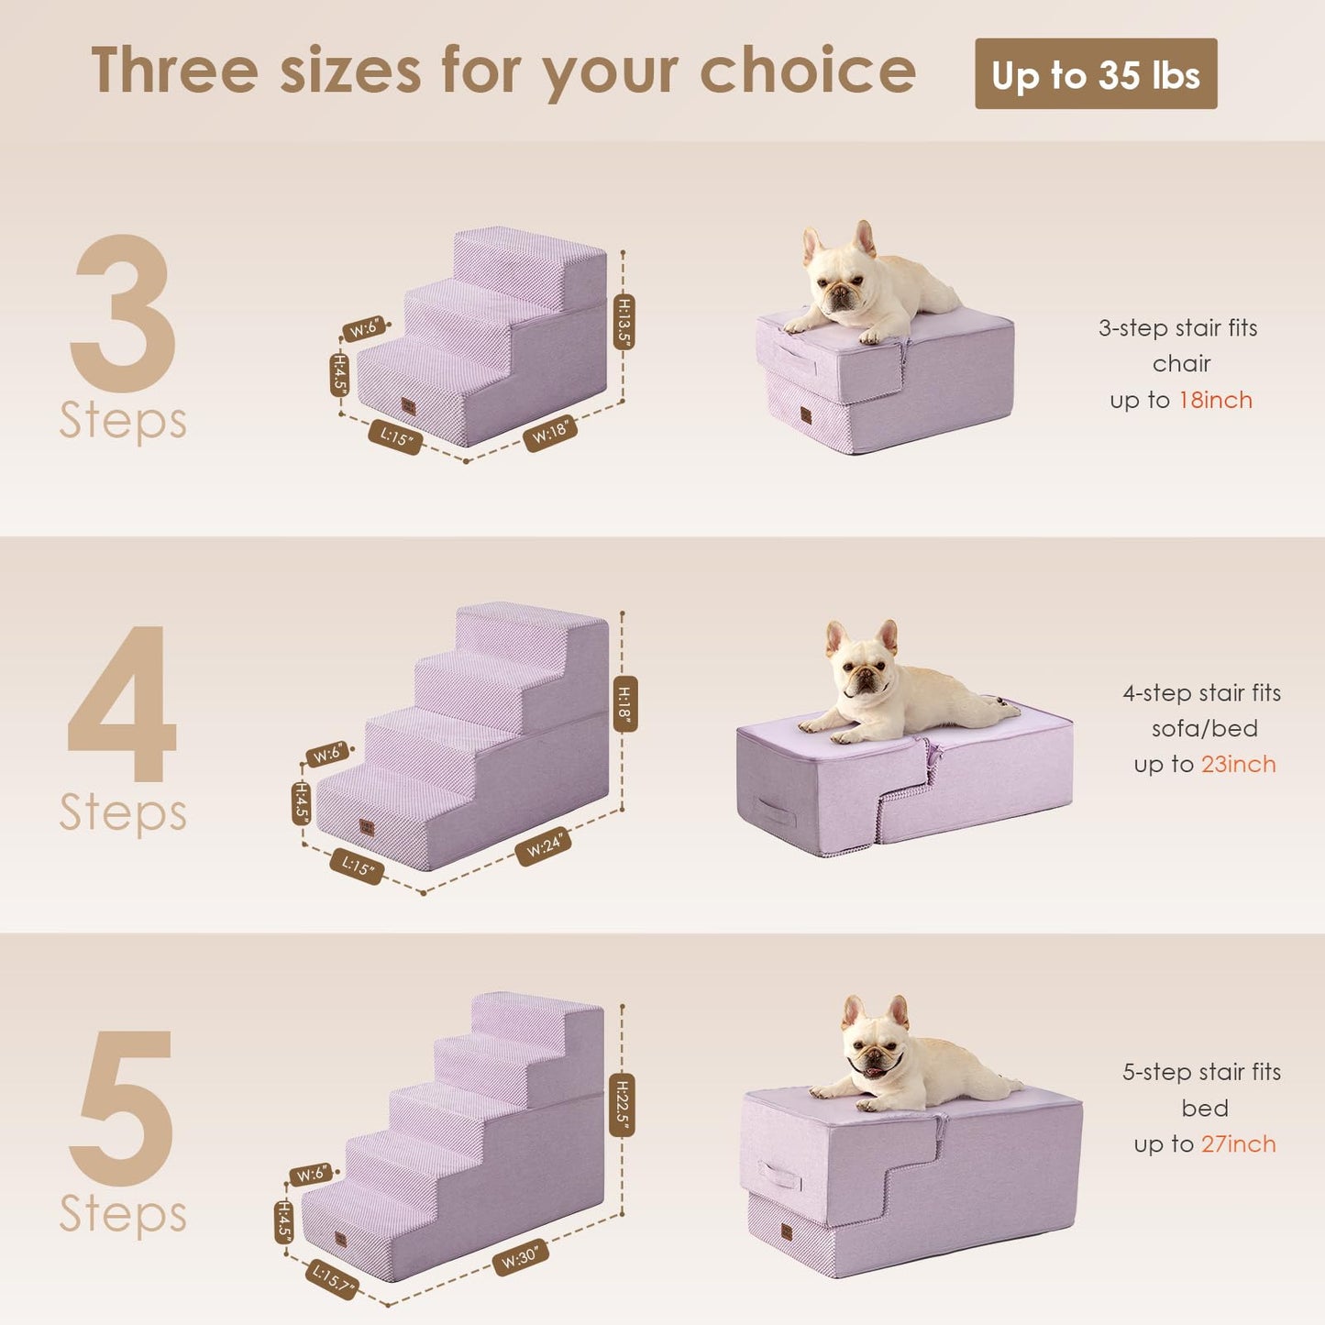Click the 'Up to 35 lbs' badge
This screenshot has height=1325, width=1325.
tap(1095, 74)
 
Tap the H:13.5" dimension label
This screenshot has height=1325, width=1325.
tap(624, 321)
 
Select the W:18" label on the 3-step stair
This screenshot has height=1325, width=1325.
tap(550, 433)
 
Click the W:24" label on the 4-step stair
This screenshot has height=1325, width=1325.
tap(544, 845)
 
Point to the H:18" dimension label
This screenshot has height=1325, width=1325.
tap(624, 703)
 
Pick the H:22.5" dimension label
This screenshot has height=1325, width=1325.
tap(622, 1104)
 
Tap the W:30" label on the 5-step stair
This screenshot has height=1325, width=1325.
tap(520, 1257)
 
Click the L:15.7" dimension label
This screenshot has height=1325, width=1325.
tap(332, 1278)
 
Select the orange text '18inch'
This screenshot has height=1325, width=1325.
tap(1215, 400)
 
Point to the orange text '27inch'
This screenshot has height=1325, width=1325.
tap(1238, 1143)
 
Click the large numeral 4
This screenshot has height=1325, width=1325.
tap(122, 704)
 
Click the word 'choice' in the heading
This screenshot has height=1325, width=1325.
tap(807, 72)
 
